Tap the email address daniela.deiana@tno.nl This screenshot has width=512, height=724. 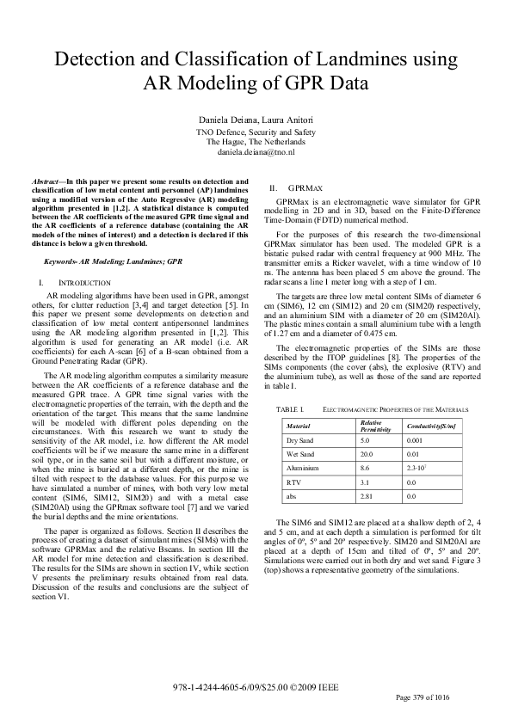pos(256,150)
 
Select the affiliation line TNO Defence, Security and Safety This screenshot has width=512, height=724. pos(256,132)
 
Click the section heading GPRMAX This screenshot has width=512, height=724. pos(305,187)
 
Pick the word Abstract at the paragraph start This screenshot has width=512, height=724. pos(47,182)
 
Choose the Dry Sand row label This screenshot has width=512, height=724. pos(301,439)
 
